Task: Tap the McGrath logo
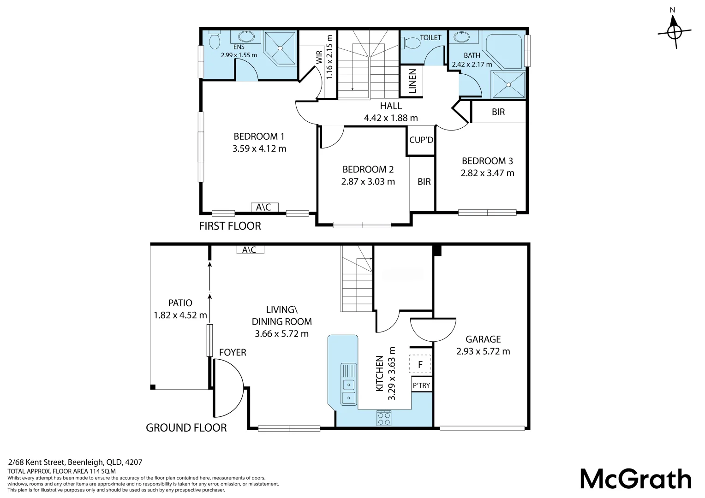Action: pyautogui.click(x=635, y=479)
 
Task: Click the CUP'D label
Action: pyautogui.click(x=421, y=140)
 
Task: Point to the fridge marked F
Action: pyautogui.click(x=420, y=364)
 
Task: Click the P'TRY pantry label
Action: pyautogui.click(x=421, y=385)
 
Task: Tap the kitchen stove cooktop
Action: pyautogui.click(x=384, y=418)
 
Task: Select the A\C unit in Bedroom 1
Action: pyautogui.click(x=264, y=207)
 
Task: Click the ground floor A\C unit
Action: pyautogui.click(x=250, y=249)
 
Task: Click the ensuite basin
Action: pyautogui.click(x=246, y=36)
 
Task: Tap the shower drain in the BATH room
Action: pyautogui.click(x=508, y=85)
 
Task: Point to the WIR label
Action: pyautogui.click(x=319, y=57)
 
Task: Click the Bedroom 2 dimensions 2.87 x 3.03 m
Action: pyautogui.click(x=368, y=182)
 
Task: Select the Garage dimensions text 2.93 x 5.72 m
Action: pyautogui.click(x=483, y=351)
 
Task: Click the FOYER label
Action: pyautogui.click(x=233, y=352)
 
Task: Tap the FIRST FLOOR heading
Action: pyautogui.click(x=230, y=226)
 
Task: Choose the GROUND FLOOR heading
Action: pyautogui.click(x=186, y=428)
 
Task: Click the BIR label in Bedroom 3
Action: pyautogui.click(x=498, y=112)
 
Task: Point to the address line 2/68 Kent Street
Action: pyautogui.click(x=75, y=462)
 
